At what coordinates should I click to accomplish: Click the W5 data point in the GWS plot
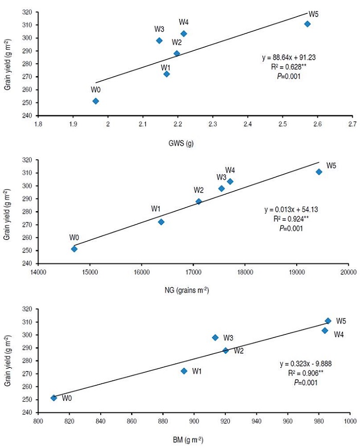(307, 24)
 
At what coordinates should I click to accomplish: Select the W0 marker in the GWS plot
(96, 101)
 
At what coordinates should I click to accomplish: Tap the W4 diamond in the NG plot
(230, 181)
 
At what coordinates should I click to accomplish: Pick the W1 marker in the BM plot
(184, 371)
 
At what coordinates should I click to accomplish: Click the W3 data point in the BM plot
(215, 338)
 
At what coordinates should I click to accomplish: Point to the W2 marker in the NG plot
(199, 201)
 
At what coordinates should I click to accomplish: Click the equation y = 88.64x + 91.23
(288, 58)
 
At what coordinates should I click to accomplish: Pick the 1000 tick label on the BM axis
(351, 420)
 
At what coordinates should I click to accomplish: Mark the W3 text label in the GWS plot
(159, 29)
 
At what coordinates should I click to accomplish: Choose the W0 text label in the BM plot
(67, 398)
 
